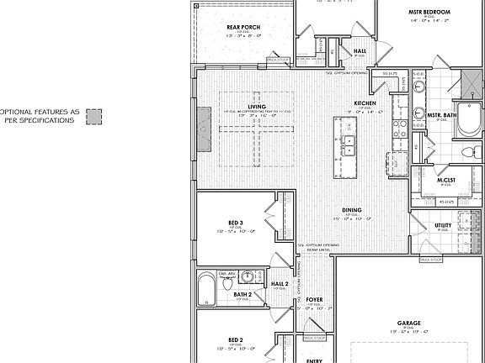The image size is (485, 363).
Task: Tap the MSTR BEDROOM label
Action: point(428,13)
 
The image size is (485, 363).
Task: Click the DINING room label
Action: point(352,210)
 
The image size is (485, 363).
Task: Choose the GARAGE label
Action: point(409,322)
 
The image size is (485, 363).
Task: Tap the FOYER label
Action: point(315,299)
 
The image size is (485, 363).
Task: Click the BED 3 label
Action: point(236,223)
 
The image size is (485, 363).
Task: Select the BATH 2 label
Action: point(243,294)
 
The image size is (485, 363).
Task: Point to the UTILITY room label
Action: point(443,225)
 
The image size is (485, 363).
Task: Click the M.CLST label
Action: point(446,181)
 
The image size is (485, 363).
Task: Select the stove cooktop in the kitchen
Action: point(397,128)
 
